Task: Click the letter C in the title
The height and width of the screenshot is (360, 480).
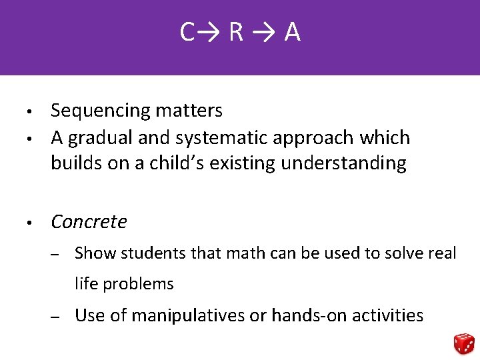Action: click(x=187, y=32)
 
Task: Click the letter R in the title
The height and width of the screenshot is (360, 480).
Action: click(x=236, y=32)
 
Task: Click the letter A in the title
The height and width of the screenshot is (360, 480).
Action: click(x=292, y=32)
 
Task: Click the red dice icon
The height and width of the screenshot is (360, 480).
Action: click(x=463, y=343)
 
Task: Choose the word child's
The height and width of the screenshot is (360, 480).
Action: click(x=178, y=163)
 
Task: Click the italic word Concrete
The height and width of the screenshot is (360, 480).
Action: click(x=89, y=221)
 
